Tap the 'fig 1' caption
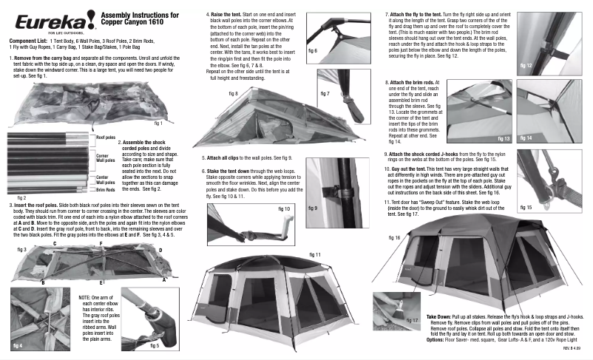click(156, 123)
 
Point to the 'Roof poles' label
click(106, 137)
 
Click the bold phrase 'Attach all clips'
click(229, 158)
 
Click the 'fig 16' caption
click(393, 237)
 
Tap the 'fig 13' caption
click(504, 138)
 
